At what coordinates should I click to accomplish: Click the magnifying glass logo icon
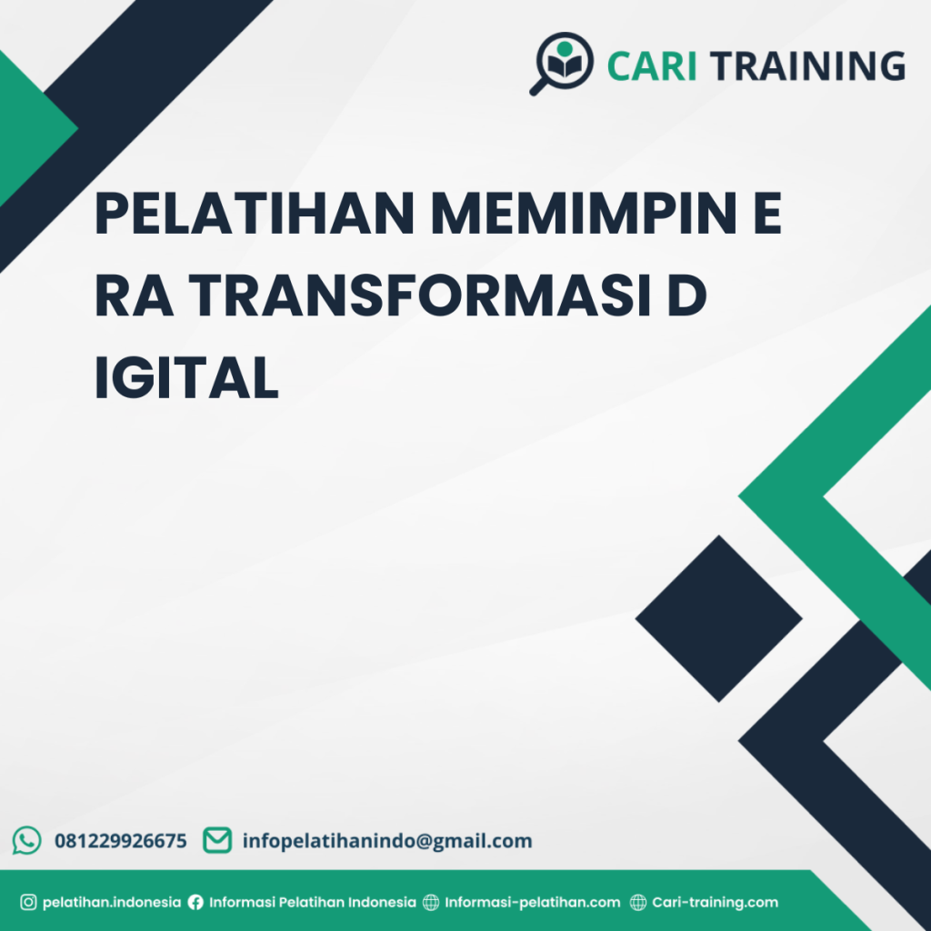pos(561,62)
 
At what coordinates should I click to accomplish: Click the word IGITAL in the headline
pos(186,380)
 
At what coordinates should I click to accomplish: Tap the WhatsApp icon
pos(27,840)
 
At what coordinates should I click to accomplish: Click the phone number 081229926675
pos(121,841)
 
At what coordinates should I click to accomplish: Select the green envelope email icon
pos(216,840)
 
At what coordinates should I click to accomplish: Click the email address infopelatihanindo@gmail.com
pos(387,841)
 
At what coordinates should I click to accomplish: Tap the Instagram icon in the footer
pos(28,903)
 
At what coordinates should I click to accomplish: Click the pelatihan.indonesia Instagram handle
pos(112,903)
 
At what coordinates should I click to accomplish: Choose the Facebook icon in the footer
pos(195,903)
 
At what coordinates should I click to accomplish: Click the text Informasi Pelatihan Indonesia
pos(313,903)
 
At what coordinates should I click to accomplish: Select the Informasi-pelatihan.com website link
pos(533,903)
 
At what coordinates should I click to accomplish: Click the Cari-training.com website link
pos(716,903)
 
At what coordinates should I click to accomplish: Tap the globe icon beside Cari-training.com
pos(639,903)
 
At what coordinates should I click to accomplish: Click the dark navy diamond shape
pos(718,618)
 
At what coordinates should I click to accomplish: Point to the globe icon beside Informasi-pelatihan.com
pos(430,903)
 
